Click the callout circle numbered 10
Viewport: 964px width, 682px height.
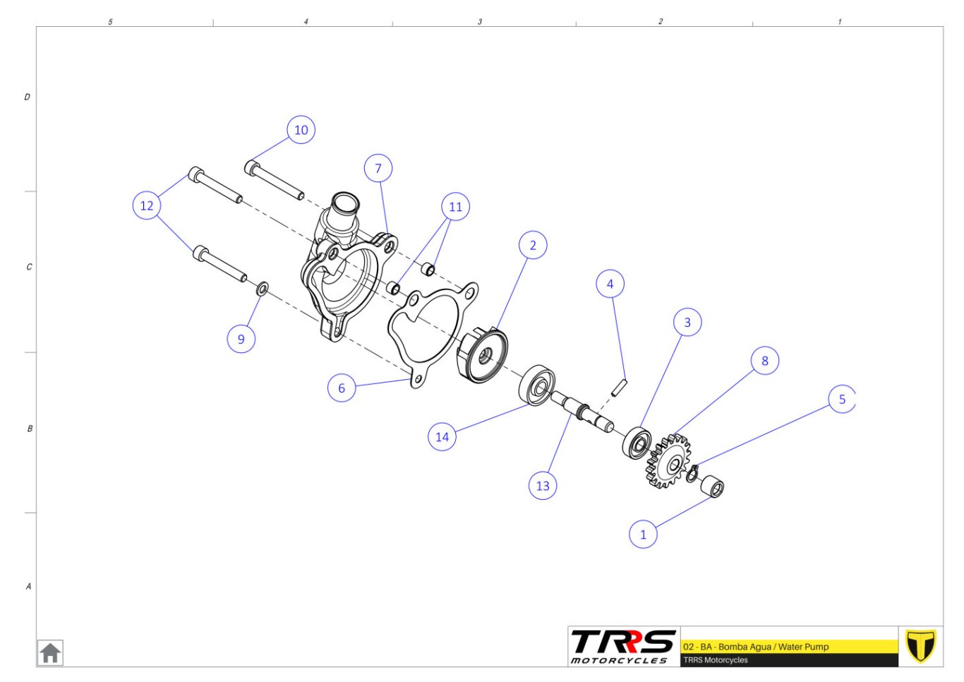point(301,130)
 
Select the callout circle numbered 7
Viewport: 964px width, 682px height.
point(378,168)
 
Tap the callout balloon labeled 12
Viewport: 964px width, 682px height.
point(147,205)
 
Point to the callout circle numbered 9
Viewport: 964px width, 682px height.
point(241,339)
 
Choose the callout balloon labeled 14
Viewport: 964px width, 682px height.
point(442,436)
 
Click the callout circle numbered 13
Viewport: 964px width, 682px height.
point(543,486)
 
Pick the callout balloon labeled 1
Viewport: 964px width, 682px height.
point(643,534)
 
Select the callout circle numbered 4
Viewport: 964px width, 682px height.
point(610,284)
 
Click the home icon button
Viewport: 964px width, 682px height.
point(50,653)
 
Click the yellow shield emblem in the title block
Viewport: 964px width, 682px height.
point(920,646)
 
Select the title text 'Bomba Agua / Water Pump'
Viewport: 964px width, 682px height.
point(773,647)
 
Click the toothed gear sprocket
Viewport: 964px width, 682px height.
point(668,462)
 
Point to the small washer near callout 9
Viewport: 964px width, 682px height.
point(262,289)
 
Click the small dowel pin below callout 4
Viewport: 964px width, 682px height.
point(620,387)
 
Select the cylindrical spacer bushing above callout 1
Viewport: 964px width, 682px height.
point(713,486)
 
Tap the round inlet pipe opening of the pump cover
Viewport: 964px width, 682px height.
point(344,203)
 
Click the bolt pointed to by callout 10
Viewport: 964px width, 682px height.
point(274,180)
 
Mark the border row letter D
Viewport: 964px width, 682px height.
point(27,97)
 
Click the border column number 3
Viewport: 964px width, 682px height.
point(480,21)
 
